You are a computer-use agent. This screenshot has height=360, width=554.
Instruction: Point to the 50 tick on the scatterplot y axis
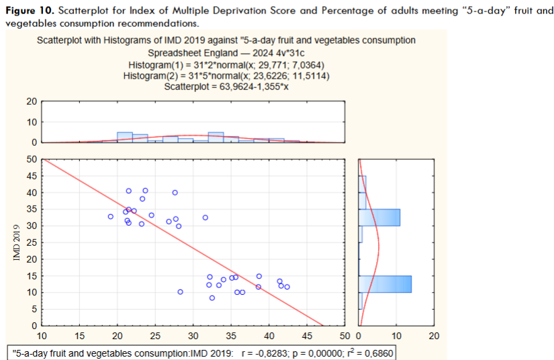coord(31,160)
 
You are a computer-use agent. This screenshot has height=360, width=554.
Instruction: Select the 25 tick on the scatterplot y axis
coord(31,242)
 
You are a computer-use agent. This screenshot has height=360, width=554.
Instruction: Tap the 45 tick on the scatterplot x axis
coord(307,336)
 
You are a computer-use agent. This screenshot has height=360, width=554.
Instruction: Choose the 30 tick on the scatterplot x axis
coord(193,336)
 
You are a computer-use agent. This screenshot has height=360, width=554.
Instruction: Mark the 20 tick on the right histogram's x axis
coord(434,336)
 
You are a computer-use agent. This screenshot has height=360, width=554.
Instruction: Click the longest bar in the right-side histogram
coord(385,284)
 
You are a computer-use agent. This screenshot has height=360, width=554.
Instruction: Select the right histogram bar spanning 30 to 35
coord(379,218)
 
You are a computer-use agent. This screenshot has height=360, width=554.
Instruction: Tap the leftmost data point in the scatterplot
coord(111,217)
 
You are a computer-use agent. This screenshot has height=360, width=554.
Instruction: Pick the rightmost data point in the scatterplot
coord(287,287)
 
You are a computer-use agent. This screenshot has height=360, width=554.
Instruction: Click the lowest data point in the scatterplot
coord(212,298)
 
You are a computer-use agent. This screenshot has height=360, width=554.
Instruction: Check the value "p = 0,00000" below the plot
coord(318,353)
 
